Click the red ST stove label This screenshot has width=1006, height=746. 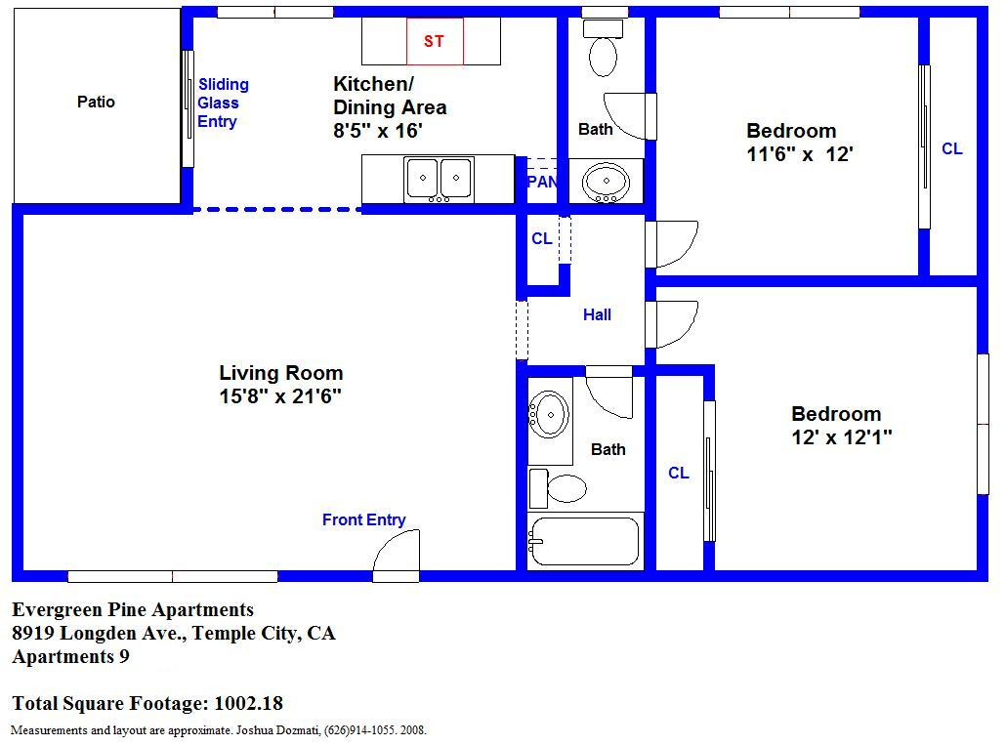pyautogui.click(x=434, y=41)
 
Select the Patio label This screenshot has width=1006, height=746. pyautogui.click(x=97, y=102)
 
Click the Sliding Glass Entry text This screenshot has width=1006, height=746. pyautogui.click(x=223, y=103)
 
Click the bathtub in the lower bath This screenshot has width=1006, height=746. pyautogui.click(x=584, y=541)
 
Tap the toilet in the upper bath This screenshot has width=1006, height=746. pyautogui.click(x=603, y=48)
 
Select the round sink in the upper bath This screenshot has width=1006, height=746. pyautogui.click(x=606, y=181)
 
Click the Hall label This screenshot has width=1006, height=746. pyautogui.click(x=597, y=314)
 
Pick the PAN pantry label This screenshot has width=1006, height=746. pyautogui.click(x=541, y=182)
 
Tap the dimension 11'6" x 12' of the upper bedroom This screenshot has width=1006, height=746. pyautogui.click(x=799, y=154)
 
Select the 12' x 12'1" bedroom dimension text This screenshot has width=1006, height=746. pyautogui.click(x=842, y=437)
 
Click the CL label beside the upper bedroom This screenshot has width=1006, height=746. pyautogui.click(x=951, y=148)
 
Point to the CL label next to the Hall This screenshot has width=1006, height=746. pyautogui.click(x=541, y=238)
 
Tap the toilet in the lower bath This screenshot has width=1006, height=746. pyautogui.click(x=558, y=488)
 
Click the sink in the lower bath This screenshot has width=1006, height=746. pyautogui.click(x=549, y=415)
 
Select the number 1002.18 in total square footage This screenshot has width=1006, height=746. pyautogui.click(x=248, y=703)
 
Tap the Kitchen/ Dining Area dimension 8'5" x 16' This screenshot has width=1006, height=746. pyautogui.click(x=377, y=130)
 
